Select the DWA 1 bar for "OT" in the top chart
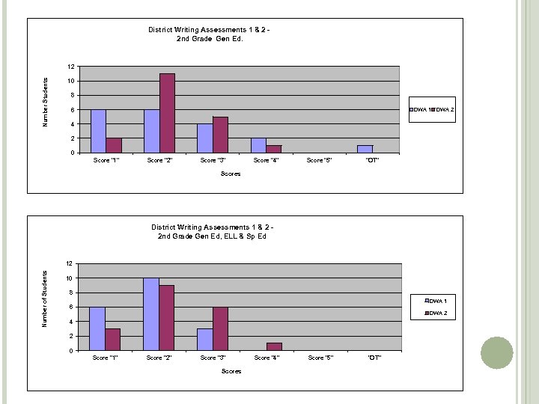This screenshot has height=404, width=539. (365, 149)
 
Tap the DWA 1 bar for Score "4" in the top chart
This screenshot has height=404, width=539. (258, 145)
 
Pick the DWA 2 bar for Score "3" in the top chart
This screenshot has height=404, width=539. (220, 135)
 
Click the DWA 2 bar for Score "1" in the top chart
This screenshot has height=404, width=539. (114, 145)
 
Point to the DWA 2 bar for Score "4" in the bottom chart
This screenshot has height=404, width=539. (274, 346)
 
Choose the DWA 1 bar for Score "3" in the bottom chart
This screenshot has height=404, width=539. (204, 339)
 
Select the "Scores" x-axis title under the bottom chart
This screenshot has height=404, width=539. (231, 371)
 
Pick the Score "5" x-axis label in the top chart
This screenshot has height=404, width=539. (320, 161)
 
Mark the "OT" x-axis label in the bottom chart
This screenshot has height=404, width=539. (374, 358)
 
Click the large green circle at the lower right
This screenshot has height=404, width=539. (497, 352)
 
